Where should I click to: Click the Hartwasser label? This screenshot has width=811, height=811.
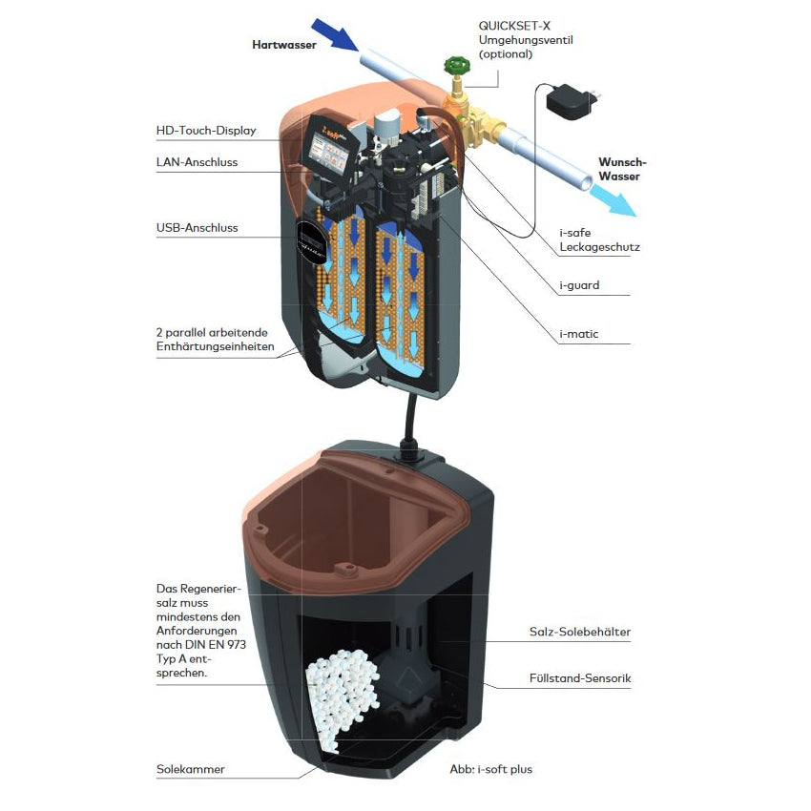point(283,45)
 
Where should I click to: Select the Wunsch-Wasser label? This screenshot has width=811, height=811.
point(621,169)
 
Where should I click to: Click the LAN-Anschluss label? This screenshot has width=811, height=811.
point(197,162)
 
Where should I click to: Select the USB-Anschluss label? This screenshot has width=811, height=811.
point(197,228)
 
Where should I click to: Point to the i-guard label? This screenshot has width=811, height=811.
point(579,284)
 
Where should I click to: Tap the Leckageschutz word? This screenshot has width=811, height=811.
point(599,247)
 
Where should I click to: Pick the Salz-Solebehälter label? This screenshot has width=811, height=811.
point(579,632)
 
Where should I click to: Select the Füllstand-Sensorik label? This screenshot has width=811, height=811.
point(580,679)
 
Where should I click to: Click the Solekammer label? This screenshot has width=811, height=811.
point(191,769)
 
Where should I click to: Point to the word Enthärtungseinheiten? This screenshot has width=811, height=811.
point(215,346)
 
